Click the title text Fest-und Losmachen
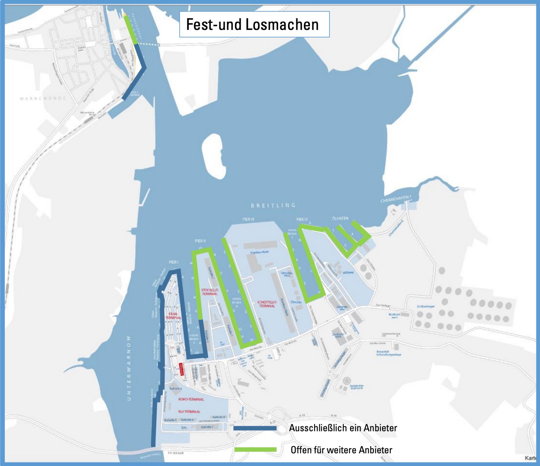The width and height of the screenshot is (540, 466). (x=252, y=24)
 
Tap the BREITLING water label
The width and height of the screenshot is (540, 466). (x=273, y=205)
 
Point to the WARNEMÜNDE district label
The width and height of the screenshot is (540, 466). (x=43, y=99)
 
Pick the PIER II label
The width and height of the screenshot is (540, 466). (x=200, y=241)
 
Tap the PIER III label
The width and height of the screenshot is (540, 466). (x=248, y=219)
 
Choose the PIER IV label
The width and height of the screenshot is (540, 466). (x=302, y=219)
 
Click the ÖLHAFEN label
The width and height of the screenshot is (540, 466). (x=340, y=218)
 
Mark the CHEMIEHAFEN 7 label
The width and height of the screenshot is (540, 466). (x=396, y=199)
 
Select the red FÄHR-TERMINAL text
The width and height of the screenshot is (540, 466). (x=173, y=316)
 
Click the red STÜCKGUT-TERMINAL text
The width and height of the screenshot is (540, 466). (x=210, y=292)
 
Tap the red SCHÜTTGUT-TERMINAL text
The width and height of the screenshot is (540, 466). (x=267, y=304)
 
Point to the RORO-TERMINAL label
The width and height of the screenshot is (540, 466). (x=191, y=399)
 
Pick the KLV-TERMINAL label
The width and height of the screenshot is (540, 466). (x=189, y=412)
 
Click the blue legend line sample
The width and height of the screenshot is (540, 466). (x=255, y=428)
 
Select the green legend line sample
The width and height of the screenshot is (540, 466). (x=255, y=450)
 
